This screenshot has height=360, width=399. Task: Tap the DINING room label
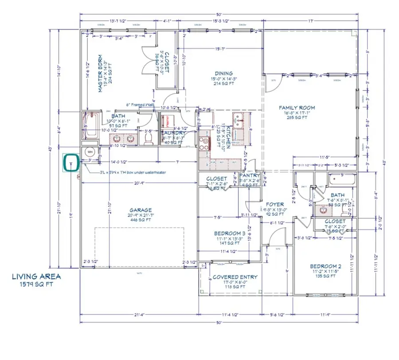pyautogui.click(x=235, y=74)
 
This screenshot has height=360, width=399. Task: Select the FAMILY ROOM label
pyautogui.click(x=297, y=108)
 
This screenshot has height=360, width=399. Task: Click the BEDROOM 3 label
pyautogui.click(x=229, y=234)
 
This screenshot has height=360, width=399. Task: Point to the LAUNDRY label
pyautogui.click(x=173, y=133)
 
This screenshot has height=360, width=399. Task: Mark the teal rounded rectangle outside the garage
pyautogui.click(x=71, y=163)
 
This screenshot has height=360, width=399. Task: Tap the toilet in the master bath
pyautogui.click(x=149, y=139)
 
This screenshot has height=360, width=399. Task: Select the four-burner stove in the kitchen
pyautogui.click(x=205, y=143)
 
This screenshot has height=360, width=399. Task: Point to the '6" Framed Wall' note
pyautogui.click(x=133, y=105)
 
